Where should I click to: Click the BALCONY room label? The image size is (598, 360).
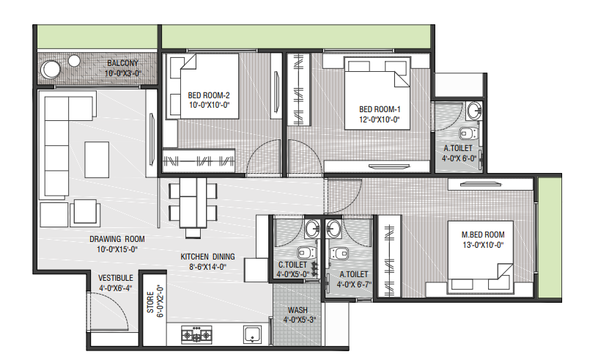click(122, 63)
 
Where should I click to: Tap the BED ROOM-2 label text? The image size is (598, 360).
click(209, 95)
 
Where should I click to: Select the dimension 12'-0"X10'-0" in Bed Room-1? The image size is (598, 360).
click(379, 120)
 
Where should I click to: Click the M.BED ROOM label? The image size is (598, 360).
click(483, 235)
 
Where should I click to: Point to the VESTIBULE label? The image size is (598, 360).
click(116, 279)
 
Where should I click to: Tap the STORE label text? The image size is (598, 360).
click(150, 302)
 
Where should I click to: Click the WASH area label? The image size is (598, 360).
click(298, 310)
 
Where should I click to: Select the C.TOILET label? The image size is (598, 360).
click(292, 265)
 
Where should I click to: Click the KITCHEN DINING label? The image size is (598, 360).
click(207, 257)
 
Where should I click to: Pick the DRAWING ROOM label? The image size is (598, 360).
click(117, 239)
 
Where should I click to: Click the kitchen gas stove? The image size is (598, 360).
click(196, 334)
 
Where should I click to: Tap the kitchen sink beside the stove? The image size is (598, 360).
click(252, 334)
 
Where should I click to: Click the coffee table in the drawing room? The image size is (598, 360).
click(97, 160)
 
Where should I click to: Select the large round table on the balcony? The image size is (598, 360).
click(51, 70)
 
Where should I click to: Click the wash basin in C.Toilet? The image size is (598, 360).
click(313, 229)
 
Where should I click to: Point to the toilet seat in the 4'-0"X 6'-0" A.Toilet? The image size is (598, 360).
click(468, 133)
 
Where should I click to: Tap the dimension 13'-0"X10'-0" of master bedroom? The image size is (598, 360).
click(483, 245)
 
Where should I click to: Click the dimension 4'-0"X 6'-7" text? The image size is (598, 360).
click(354, 284)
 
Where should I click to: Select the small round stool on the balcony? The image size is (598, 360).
click(74, 60)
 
